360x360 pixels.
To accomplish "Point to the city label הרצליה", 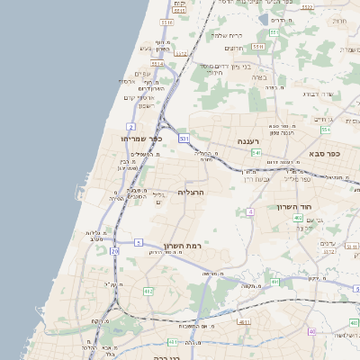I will pyautogui.click(x=192, y=192).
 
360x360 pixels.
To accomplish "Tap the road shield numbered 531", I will pyautogui.click(x=183, y=139).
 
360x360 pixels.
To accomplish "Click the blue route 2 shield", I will pyautogui.click(x=131, y=126).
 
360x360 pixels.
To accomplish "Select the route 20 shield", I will pyautogui.click(x=114, y=251).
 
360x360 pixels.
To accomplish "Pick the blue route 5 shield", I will pyautogui.click(x=138, y=243).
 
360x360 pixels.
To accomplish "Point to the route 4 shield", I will pyautogui.click(x=249, y=211).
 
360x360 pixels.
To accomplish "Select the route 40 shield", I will pyautogui.click(x=311, y=332).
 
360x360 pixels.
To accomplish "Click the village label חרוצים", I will pyautogui.click(x=236, y=47).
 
